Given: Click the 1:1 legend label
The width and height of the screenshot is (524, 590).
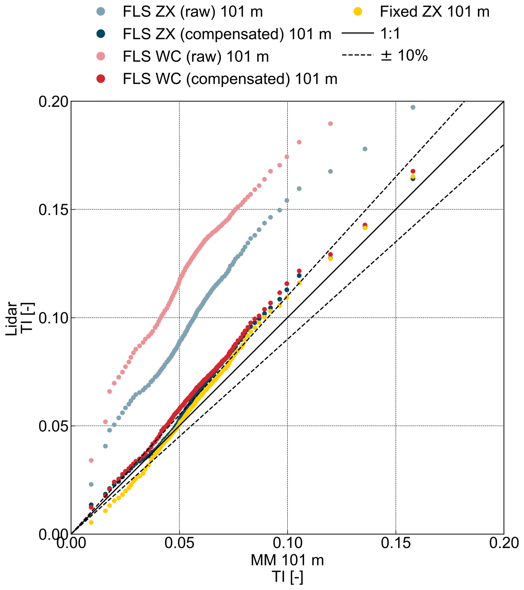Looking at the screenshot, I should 391,34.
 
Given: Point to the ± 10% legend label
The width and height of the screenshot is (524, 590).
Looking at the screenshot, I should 404,55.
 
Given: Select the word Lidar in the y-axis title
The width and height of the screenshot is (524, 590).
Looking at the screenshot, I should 12,319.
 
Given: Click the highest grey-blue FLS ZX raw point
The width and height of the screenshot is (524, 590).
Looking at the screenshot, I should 413,107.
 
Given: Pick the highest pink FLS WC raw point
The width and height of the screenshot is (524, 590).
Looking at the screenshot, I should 331,124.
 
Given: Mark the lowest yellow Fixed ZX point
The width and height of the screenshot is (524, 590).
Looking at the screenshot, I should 91,522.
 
